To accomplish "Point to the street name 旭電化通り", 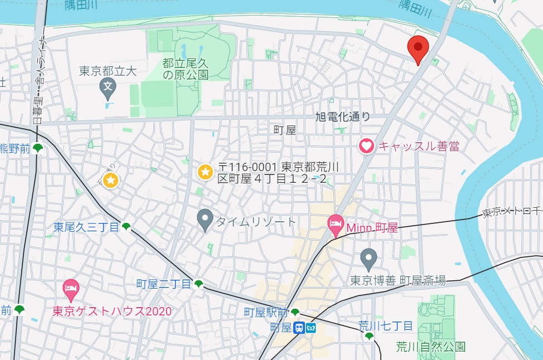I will coord(342,116).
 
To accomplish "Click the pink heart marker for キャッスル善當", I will coord(366,147).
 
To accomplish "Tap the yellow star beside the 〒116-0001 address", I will coord(205,172).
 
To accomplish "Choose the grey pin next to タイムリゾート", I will coord(206,220).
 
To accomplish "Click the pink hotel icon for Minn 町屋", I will coord(335,226).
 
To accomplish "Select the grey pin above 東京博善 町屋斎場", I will coord(368,259).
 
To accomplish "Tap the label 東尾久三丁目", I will coord(87,227).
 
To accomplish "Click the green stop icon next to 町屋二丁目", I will coord(198,284).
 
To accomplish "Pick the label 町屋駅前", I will coord(266,312).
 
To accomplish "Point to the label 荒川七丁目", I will coord(385,325).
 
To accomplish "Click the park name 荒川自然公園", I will coord(430,347).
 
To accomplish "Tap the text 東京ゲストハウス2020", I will coord(112,311).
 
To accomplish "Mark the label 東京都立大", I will coord(108,71).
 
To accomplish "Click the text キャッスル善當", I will coord(419,147).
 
